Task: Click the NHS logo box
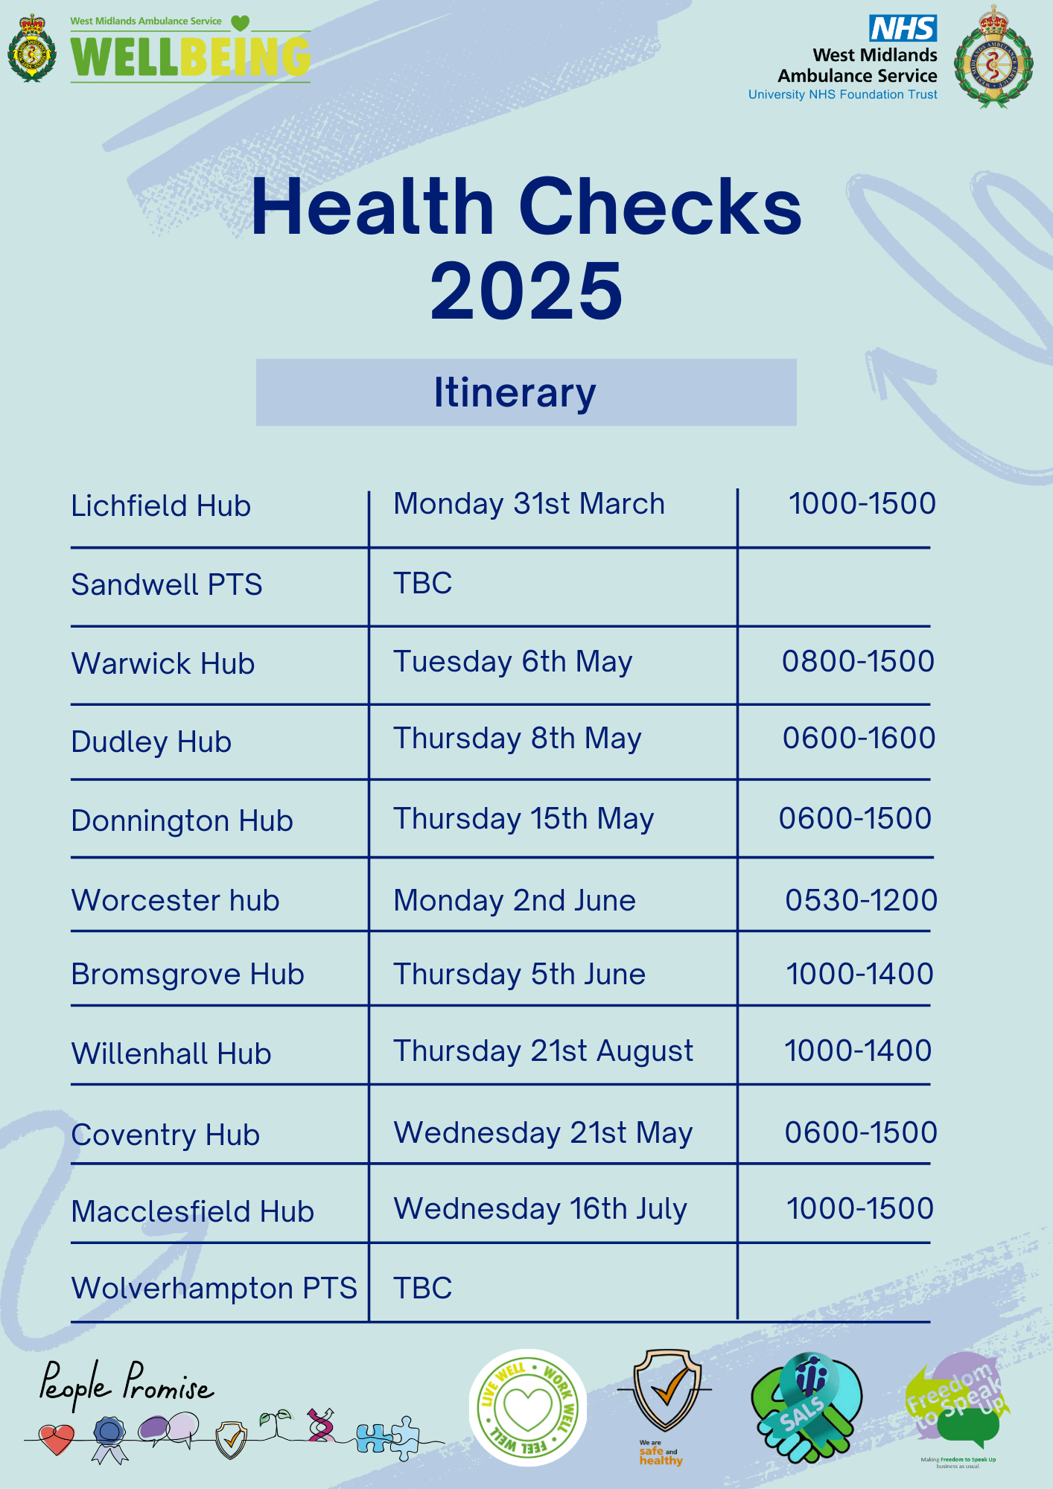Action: tap(903, 28)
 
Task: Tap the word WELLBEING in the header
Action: tap(191, 57)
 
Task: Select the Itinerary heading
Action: tap(515, 392)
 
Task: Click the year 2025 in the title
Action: tap(526, 291)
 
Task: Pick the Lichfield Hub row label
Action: tap(161, 506)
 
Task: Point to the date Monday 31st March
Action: tap(529, 504)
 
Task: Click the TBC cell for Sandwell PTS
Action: tap(423, 584)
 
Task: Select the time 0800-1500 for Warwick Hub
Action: tap(858, 661)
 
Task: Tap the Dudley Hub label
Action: tap(151, 742)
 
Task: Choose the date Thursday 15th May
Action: tap(524, 819)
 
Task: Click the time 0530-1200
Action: tap(861, 900)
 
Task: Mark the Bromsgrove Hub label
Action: tap(188, 975)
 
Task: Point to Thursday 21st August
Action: tap(543, 1051)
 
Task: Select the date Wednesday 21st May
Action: tap(543, 1133)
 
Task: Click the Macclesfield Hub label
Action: tap(193, 1212)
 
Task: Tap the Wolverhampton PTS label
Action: tap(214, 1289)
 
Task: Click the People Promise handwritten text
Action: tap(125, 1386)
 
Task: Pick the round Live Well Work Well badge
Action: tap(528, 1408)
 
